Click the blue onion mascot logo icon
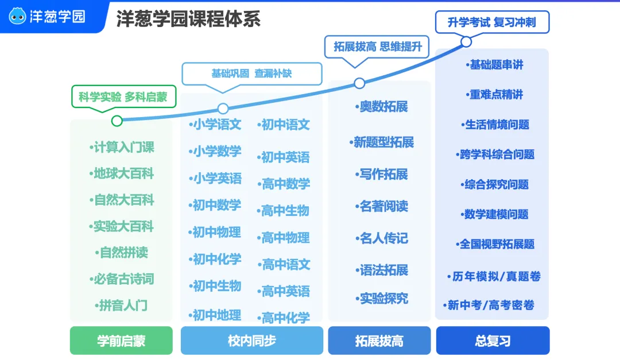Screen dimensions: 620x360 (x=17, y=16)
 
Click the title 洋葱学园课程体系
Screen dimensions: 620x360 (x=188, y=18)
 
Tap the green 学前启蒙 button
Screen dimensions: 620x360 (x=121, y=340)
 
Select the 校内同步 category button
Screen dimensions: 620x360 (x=252, y=340)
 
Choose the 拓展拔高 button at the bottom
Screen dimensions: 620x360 (x=379, y=340)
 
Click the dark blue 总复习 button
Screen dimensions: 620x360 (x=493, y=340)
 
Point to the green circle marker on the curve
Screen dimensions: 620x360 (x=117, y=121)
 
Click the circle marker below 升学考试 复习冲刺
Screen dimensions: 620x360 (x=466, y=41)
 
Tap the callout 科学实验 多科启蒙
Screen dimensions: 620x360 (x=123, y=97)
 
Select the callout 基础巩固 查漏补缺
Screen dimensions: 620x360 (x=252, y=73)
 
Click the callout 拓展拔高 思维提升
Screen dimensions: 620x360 (x=377, y=47)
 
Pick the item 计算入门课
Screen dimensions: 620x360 (x=122, y=147)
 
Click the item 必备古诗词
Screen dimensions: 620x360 (x=122, y=279)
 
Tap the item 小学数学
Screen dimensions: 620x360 (x=215, y=151)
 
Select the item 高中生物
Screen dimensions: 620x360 (x=283, y=211)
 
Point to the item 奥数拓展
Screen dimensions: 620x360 (x=382, y=106)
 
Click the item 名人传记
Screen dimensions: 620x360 (x=382, y=238)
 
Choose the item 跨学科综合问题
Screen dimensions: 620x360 (x=495, y=154)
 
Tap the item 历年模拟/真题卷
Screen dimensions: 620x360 (x=494, y=276)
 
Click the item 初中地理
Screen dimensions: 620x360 (x=215, y=315)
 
